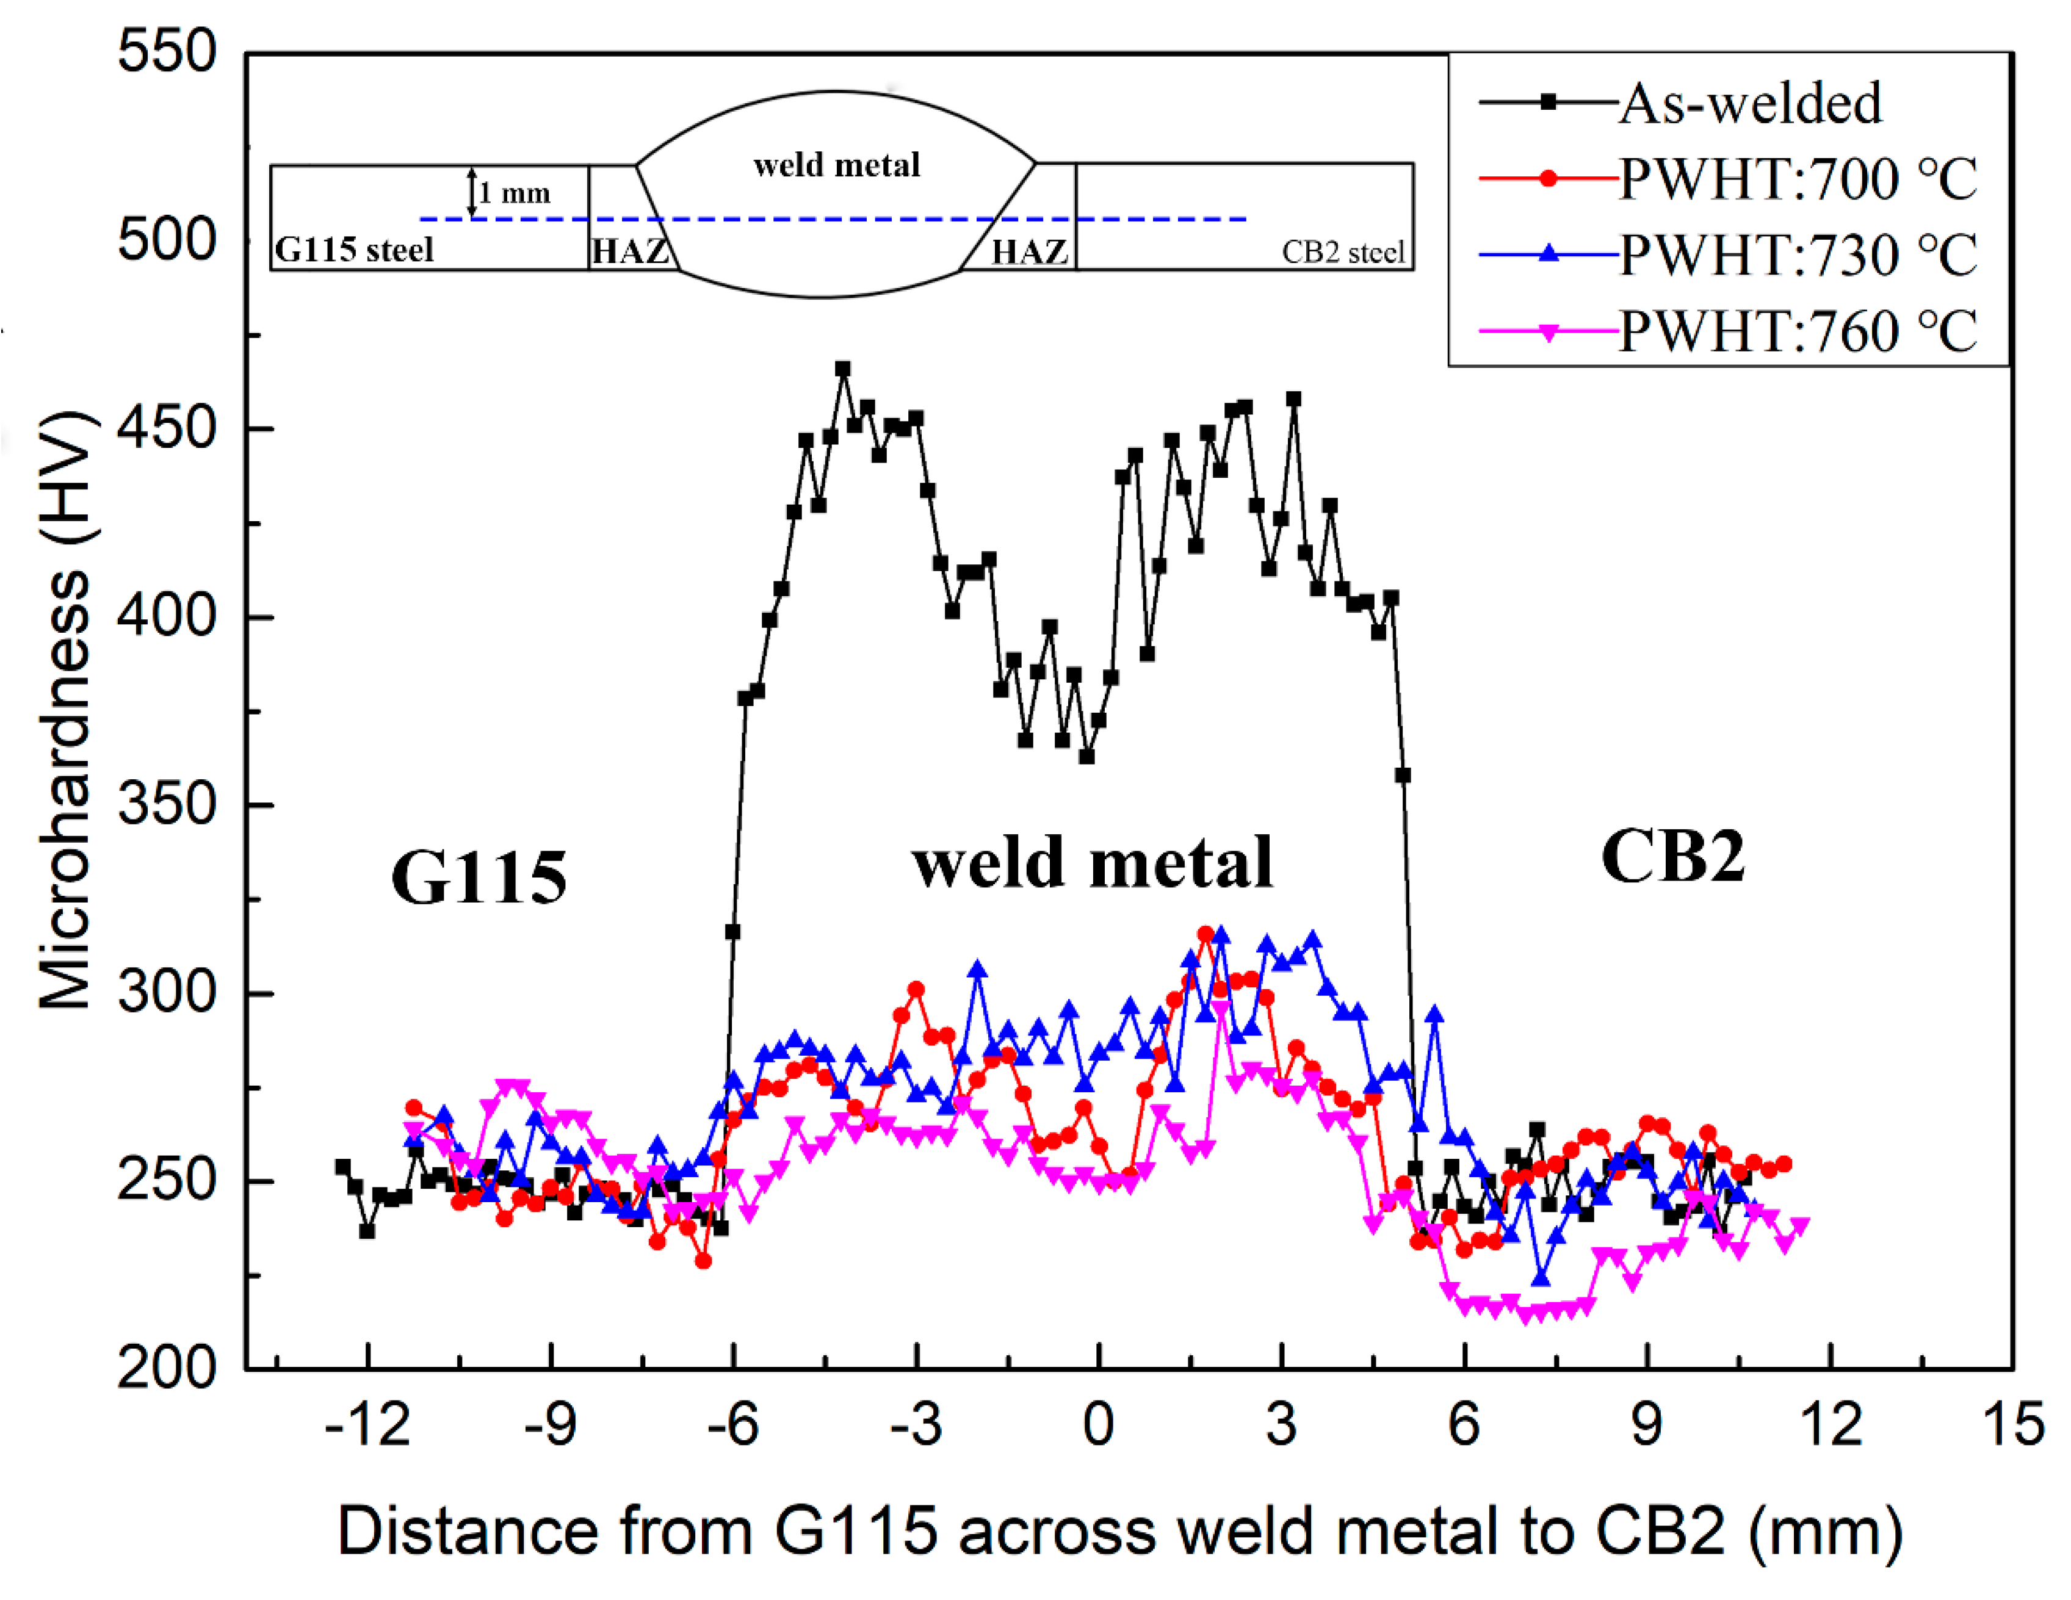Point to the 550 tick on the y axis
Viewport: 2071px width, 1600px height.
coord(167,51)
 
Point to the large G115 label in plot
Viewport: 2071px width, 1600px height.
coord(479,877)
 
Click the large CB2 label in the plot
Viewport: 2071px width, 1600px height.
coord(1672,857)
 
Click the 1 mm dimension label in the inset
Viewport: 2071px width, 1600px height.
coord(513,193)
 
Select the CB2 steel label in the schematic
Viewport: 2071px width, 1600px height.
coord(1342,252)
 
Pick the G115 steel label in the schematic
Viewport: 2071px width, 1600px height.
coord(353,250)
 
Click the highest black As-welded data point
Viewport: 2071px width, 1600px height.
coord(843,369)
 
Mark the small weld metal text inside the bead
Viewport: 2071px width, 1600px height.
coord(836,166)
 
